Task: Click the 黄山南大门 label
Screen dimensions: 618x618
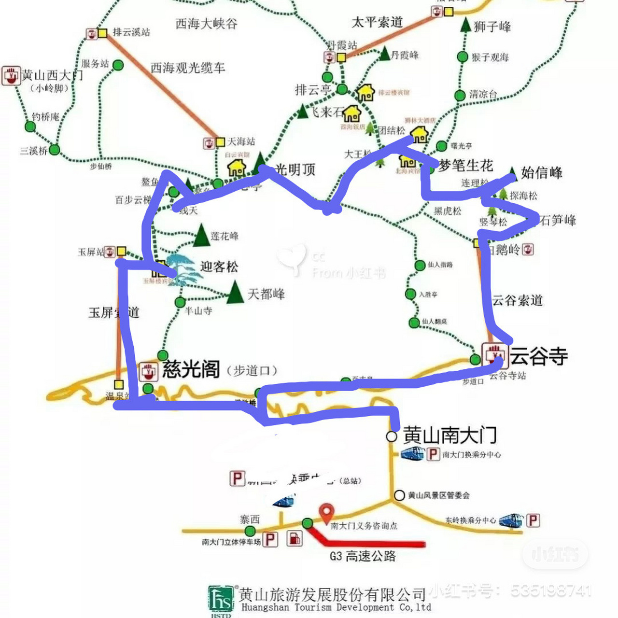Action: coord(449,435)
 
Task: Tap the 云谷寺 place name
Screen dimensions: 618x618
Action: coord(539,356)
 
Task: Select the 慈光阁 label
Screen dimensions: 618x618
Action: coord(191,369)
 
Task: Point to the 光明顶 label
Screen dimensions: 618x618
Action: coord(295,169)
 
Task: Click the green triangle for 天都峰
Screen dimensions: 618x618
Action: coord(235,293)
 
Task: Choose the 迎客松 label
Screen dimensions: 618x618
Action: coord(219,267)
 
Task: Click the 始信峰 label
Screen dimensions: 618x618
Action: coord(542,172)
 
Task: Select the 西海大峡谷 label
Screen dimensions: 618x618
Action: coord(206,24)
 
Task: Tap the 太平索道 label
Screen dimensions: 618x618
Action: coord(377,22)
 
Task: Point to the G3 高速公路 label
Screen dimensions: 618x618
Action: coord(363,556)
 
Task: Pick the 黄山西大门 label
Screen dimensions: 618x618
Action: coord(52,75)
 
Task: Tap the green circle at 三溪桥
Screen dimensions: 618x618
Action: coord(54,150)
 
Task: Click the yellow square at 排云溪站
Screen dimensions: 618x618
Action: coord(102,33)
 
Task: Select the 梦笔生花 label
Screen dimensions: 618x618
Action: coord(466,166)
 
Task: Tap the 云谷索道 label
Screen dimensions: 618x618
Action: coord(517,300)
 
